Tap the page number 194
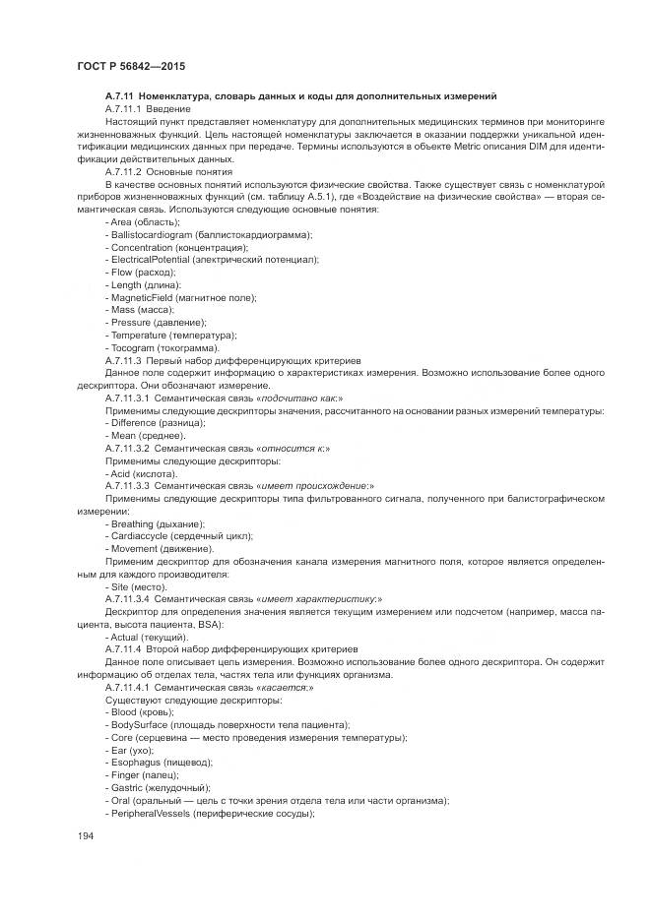click(85, 836)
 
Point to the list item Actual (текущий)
click(149, 638)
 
